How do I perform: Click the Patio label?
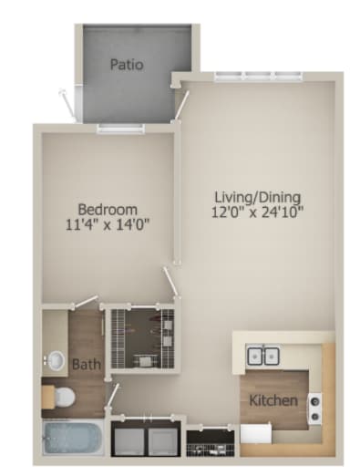129,65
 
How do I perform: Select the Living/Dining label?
258,196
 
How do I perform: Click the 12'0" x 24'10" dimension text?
258,212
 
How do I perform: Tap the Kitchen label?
271,400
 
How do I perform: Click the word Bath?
86,365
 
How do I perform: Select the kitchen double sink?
264,355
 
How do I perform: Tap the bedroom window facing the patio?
120,129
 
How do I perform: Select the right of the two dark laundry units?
162,440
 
